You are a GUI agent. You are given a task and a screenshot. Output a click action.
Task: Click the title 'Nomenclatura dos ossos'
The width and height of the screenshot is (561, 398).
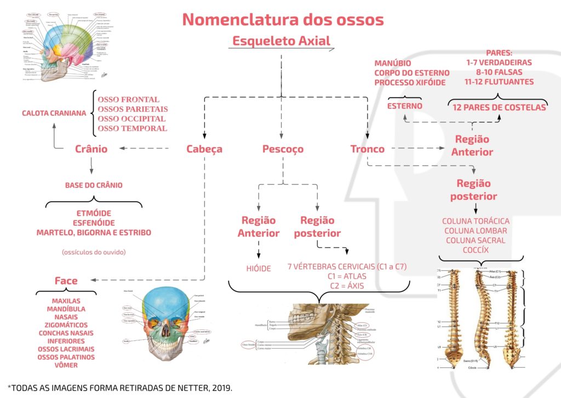click(x=283, y=20)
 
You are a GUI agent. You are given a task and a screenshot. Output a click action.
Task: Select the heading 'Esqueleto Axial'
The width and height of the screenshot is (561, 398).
click(x=281, y=41)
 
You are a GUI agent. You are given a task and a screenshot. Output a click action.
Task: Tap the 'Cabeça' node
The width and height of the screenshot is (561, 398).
click(x=204, y=149)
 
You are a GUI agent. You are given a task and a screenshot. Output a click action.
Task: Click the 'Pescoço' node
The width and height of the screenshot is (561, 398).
click(x=283, y=149)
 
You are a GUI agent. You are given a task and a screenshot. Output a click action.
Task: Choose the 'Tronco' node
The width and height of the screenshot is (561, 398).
click(x=367, y=149)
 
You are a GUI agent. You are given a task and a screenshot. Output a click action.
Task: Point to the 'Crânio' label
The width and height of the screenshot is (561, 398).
click(x=91, y=149)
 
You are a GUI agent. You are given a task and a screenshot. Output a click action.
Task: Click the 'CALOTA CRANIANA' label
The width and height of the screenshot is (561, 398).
click(x=54, y=113)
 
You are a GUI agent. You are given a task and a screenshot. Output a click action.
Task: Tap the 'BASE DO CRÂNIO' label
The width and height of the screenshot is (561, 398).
click(x=94, y=185)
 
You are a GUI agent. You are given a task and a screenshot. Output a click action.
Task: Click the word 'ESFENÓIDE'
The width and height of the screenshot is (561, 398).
click(x=94, y=223)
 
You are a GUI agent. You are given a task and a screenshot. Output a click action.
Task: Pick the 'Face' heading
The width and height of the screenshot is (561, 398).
click(x=66, y=281)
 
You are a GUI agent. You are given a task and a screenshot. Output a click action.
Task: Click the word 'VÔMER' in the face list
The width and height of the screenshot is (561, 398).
click(x=66, y=365)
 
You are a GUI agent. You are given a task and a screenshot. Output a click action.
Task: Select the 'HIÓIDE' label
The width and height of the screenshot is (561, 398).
click(x=259, y=269)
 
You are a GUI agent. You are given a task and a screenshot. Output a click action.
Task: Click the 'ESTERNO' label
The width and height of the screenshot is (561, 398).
click(x=405, y=106)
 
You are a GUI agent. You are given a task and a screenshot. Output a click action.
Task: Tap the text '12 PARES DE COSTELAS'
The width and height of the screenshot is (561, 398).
click(x=499, y=107)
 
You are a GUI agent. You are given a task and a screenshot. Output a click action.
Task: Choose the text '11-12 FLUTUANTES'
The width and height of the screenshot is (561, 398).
click(x=499, y=82)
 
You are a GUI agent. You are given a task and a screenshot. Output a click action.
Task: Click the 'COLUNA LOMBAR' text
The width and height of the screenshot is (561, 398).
click(x=476, y=231)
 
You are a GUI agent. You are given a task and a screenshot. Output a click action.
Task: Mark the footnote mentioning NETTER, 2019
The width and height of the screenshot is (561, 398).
click(x=120, y=387)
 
